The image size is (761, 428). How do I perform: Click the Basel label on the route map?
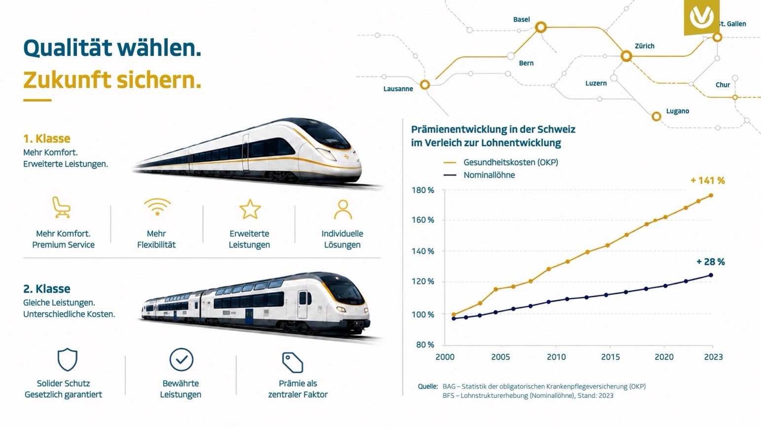point(521,19)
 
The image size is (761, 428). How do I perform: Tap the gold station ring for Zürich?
point(626,56)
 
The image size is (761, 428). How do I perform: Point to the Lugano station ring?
point(656,116)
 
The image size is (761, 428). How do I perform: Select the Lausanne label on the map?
point(398,89)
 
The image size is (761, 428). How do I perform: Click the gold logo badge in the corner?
point(701,17)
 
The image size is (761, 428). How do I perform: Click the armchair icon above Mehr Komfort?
point(61,207)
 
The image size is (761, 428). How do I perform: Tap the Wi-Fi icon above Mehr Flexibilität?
point(157,207)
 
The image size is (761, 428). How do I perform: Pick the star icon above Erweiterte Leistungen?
point(250,209)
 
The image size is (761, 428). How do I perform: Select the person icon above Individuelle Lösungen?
point(343,209)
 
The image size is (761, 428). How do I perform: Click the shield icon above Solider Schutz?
point(67,359)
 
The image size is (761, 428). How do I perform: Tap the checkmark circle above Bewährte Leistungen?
point(181,359)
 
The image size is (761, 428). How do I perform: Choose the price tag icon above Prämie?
point(292,362)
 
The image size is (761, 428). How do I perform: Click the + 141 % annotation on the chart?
point(708,180)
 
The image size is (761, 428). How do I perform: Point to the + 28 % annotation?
point(710,262)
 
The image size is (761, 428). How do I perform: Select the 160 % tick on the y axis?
point(423,220)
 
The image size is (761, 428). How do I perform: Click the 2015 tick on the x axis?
point(610,357)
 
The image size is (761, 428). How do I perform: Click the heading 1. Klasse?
point(46,139)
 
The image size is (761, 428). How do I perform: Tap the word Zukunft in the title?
point(67,80)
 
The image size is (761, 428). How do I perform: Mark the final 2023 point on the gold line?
point(711,195)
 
